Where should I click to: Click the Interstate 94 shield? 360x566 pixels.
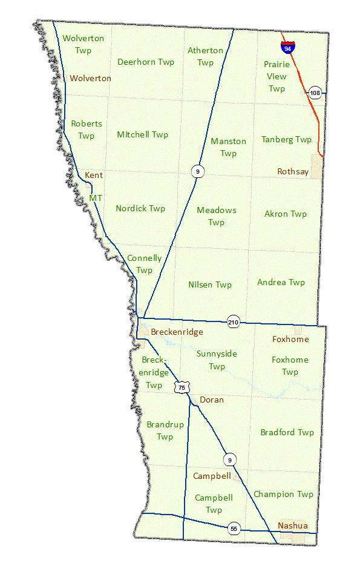[x=287, y=46]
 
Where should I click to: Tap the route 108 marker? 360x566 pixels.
[x=315, y=93]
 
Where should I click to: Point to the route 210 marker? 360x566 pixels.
[x=234, y=322]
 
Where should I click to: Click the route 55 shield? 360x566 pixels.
[x=234, y=528]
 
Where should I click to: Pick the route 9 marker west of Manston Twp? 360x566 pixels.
[x=197, y=171]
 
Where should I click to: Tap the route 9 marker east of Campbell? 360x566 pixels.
[x=229, y=459]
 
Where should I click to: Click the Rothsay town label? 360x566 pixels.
[x=293, y=172]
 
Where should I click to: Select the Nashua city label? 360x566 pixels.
[x=292, y=525]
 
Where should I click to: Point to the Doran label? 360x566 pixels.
[x=211, y=400]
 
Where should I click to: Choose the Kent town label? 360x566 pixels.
[x=94, y=175]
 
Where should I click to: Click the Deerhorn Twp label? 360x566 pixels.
[x=145, y=62]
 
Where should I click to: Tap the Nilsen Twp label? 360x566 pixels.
[x=209, y=285]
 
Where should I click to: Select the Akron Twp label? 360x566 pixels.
[x=285, y=214]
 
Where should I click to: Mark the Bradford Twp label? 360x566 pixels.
[x=287, y=432]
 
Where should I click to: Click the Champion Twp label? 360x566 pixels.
[x=283, y=494]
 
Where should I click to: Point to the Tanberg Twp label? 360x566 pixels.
[x=286, y=139]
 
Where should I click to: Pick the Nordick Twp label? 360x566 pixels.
[x=140, y=208]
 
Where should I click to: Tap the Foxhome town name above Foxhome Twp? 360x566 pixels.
[x=290, y=340]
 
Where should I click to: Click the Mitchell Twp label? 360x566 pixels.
[x=142, y=134]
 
